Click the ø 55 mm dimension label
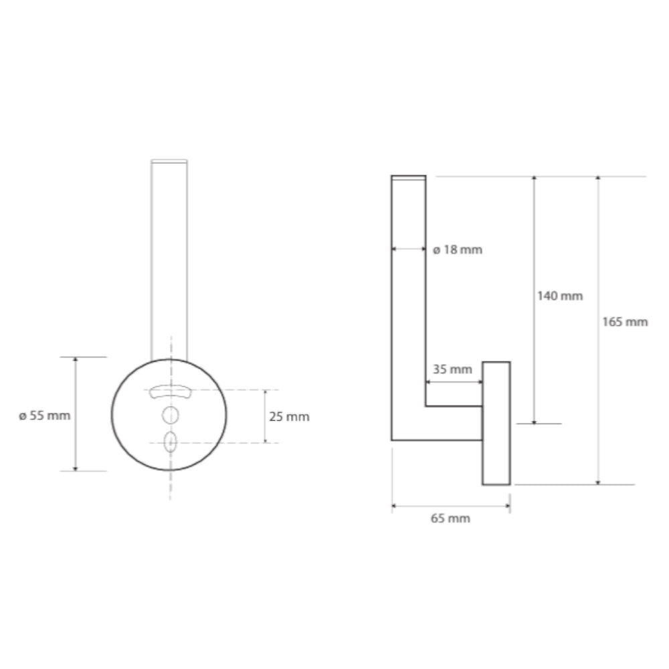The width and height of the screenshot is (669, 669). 44,415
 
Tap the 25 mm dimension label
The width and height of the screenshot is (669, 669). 289,416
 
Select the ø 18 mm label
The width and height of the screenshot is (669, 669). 458,250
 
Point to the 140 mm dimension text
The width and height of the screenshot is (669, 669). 560,296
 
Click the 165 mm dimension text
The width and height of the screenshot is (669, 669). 625,322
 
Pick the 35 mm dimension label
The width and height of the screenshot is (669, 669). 453,369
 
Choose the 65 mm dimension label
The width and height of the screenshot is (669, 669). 450,518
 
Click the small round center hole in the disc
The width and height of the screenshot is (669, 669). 170,415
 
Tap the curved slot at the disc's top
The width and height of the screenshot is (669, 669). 170,391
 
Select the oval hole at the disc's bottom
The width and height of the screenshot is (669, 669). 170,442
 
